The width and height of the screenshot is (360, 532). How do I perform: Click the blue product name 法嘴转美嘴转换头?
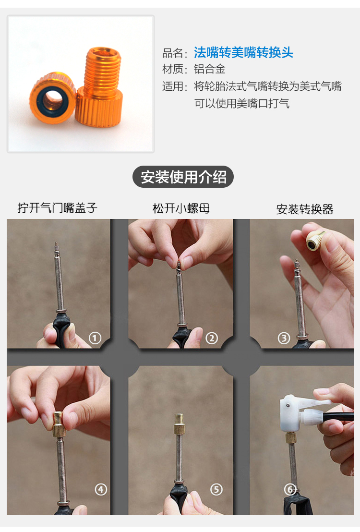click(244, 53)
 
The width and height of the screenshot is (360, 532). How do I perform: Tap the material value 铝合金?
click(210, 69)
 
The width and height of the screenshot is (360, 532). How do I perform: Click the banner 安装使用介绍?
click(183, 177)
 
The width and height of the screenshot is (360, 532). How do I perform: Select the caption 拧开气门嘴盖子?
click(57, 207)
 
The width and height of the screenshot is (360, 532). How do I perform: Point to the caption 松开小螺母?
click(181, 208)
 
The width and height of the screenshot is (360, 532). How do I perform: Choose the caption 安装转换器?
click(305, 209)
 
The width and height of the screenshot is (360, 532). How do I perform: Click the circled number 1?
click(95, 338)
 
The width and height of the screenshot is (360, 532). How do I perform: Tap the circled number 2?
click(212, 338)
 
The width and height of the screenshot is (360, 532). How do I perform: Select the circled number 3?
click(284, 338)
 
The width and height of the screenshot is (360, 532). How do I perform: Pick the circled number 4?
click(101, 489)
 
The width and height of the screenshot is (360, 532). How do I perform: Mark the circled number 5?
click(216, 489)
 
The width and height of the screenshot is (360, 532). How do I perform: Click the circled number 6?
click(290, 489)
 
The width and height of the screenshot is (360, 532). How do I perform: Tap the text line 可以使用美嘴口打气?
click(242, 103)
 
